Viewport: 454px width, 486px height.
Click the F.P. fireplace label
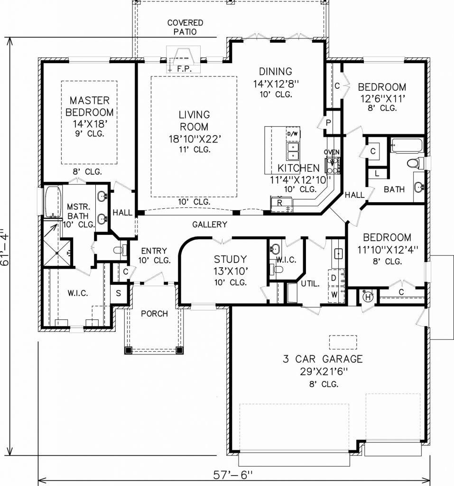[185, 69]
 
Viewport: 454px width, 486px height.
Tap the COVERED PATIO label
[185, 27]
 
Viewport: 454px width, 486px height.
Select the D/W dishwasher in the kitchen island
[292, 134]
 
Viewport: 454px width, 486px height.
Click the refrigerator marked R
[281, 204]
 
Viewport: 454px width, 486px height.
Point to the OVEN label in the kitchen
[332, 152]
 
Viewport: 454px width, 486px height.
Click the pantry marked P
[328, 123]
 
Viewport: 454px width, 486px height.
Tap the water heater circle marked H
[368, 297]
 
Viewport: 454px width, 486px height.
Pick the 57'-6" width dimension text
[233, 475]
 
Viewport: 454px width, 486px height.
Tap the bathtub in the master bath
[53, 201]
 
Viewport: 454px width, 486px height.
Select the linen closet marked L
[377, 173]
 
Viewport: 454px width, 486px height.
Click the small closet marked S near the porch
[119, 293]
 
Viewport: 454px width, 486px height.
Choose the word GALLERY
[210, 224]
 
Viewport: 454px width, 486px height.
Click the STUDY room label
[230, 259]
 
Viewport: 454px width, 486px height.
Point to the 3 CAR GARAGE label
[323, 359]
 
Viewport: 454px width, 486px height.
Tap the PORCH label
[154, 314]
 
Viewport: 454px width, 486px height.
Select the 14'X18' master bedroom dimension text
[90, 124]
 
